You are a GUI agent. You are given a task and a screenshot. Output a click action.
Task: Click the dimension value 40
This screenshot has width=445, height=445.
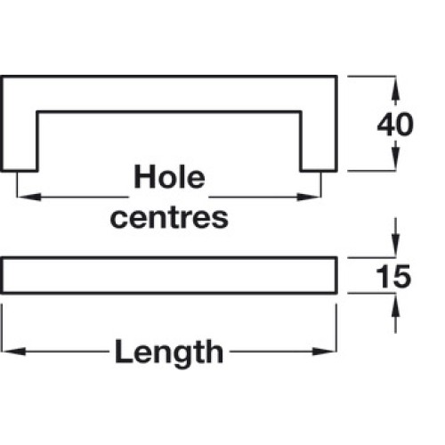click(395, 125)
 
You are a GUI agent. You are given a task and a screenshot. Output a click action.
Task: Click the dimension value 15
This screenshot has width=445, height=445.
click(393, 276)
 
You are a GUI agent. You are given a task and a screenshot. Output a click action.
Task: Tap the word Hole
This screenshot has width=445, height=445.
click(169, 176)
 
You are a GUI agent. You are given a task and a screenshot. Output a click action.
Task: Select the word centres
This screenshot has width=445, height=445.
click(169, 217)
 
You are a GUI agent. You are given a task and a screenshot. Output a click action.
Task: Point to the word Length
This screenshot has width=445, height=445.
click(169, 352)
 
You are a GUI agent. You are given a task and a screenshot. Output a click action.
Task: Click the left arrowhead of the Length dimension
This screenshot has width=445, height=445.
click(13, 352)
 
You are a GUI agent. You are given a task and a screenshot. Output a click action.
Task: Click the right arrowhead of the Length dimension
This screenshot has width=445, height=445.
click(325, 352)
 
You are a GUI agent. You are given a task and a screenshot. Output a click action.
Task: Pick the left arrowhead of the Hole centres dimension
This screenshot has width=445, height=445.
click(29, 197)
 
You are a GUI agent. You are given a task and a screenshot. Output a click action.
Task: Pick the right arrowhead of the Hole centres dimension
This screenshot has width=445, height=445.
click(309, 197)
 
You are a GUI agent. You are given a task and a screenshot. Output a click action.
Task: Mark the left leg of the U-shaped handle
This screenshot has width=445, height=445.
click(20, 141)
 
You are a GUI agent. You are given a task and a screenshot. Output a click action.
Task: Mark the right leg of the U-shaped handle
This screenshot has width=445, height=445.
click(319, 141)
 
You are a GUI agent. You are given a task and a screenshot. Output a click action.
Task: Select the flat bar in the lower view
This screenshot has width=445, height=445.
click(169, 276)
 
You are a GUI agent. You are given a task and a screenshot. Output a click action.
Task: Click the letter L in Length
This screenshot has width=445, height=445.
click(123, 351)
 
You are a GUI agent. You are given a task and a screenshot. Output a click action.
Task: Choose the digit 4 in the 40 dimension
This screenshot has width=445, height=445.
click(385, 125)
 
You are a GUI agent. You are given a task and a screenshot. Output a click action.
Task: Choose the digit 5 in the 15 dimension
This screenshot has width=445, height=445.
click(402, 277)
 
